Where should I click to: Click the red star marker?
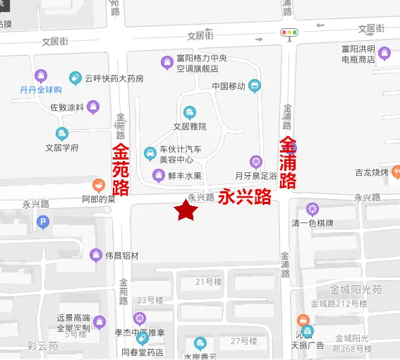pos(186,210)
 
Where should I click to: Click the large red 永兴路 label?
pos(245,197)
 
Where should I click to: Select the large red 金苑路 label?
pos(121,169)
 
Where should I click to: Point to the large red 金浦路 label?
pos(288,163)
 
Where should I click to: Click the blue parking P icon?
pos(44,224)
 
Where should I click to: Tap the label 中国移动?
pos(229,86)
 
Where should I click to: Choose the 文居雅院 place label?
pos(190,126)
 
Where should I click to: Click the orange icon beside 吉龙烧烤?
pos(396,172)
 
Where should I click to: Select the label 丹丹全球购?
pos(40,90)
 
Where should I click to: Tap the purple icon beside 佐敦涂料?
pos(94,107)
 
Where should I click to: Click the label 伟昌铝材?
pos(122,256)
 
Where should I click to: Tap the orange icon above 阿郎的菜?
pos(98,186)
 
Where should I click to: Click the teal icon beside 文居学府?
pos(62,133)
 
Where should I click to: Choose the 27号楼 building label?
pos(243,342)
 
